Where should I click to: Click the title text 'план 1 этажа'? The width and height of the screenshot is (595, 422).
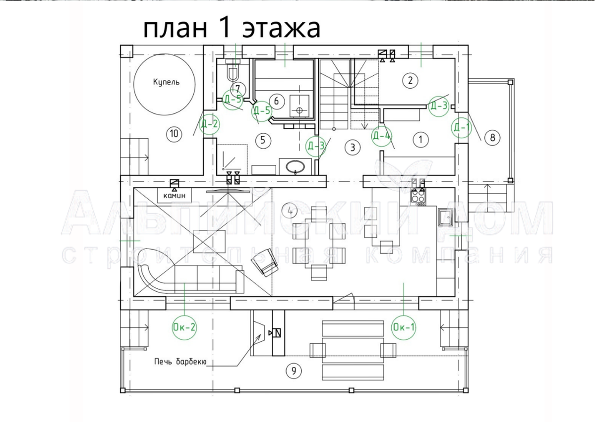pos(232,29)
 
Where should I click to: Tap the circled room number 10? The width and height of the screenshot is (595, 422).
pos(174,133)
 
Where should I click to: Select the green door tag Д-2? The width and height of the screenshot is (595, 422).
pos(209,124)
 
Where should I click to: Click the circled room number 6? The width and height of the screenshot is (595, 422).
pos(277,102)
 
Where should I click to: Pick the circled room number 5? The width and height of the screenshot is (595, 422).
pos(263,140)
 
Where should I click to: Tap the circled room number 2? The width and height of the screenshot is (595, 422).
pos(410,80)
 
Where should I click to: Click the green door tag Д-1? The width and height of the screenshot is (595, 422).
pos(461,126)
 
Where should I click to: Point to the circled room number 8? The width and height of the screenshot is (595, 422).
pos(492,137)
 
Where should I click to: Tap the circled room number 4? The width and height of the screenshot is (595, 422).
pos(290,211)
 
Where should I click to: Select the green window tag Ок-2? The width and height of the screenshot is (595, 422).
pos(184,327)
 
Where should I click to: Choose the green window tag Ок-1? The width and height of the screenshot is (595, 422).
pos(404,327)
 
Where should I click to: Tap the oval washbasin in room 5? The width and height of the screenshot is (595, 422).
pos(296,166)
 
